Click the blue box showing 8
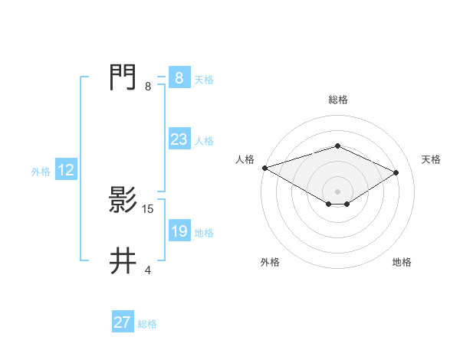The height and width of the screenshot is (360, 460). pos(179,77)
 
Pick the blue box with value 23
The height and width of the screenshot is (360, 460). pos(179,139)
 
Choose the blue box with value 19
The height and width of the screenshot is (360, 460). pos(179,231)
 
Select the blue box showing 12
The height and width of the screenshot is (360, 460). pos(66,170)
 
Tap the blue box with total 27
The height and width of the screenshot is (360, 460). pos(123,322)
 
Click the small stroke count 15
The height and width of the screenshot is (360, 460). pos(148,208)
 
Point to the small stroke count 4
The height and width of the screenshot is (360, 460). pos(148,270)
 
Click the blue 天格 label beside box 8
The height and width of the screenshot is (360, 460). pos(204,80)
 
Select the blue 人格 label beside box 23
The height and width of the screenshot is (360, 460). pos(204,141)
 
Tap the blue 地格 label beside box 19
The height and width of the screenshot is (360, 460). pos(204,233)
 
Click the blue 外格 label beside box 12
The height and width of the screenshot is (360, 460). pos(41,172)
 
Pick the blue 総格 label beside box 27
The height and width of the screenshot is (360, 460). pos(147,324)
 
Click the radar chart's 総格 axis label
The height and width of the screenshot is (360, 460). pos(337,100)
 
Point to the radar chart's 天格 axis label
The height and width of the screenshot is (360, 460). pos(432,159)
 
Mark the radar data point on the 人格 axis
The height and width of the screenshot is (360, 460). pos(264,167)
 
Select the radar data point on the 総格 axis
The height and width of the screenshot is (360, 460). pos(337,146)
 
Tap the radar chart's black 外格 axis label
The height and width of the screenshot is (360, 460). pos(270,262)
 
